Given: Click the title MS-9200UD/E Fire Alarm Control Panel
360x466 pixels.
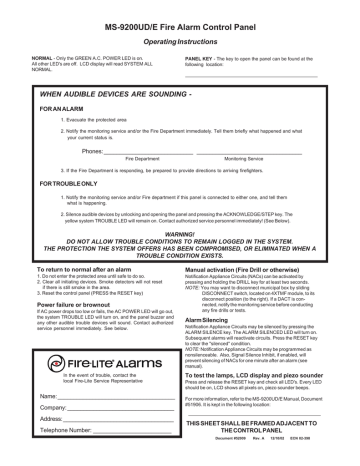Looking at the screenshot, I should [x=181, y=19].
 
